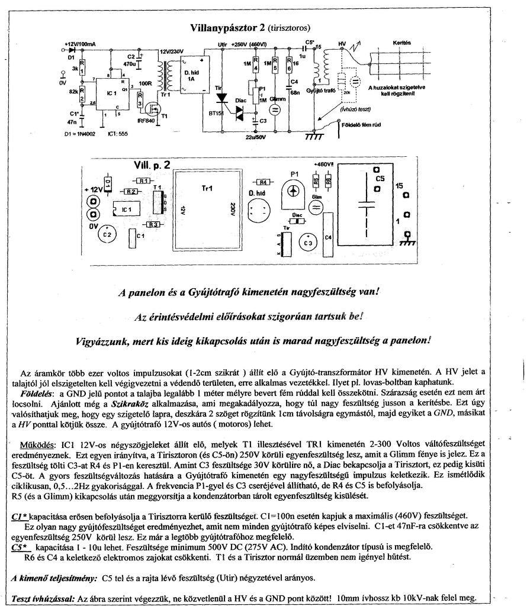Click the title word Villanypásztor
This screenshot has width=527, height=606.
(226, 28)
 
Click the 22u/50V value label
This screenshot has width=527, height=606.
(256, 138)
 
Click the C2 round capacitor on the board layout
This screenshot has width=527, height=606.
(108, 235)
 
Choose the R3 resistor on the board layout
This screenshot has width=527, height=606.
(153, 225)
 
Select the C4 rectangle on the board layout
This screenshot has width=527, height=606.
(328, 237)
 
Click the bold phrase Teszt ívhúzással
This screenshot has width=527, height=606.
(43, 598)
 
